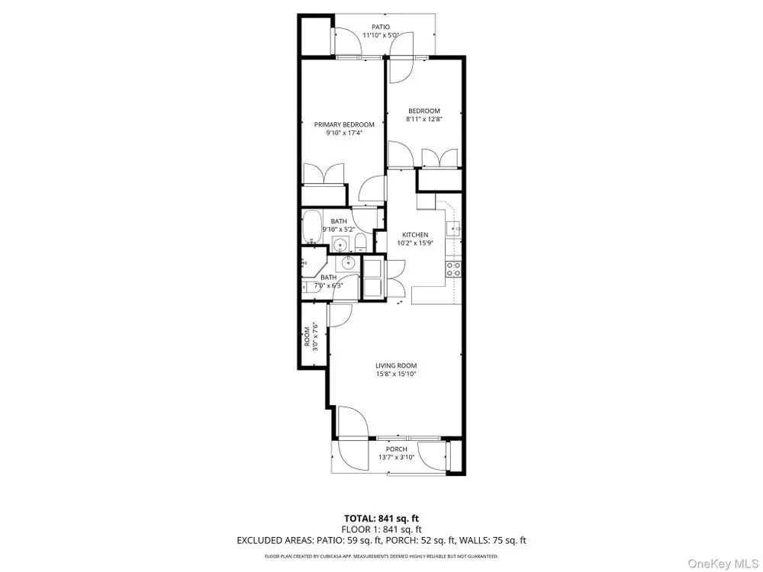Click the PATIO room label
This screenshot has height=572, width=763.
pyautogui.click(x=381, y=27)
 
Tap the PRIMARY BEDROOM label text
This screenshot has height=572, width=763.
pyautogui.click(x=344, y=124)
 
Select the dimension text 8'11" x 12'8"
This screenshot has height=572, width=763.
pyautogui.click(x=423, y=119)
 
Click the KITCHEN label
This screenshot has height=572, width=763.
pyautogui.click(x=415, y=235)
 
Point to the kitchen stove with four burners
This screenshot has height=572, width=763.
pyautogui.click(x=453, y=269)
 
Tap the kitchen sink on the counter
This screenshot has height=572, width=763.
pyautogui.click(x=453, y=227)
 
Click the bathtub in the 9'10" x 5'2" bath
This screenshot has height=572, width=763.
pyautogui.click(x=310, y=227)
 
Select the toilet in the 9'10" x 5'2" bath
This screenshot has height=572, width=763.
pyautogui.click(x=360, y=242)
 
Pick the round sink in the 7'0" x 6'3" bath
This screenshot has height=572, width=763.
pyautogui.click(x=349, y=263)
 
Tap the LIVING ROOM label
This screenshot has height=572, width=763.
pyautogui.click(x=396, y=366)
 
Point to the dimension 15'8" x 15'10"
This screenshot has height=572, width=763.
pyautogui.click(x=396, y=374)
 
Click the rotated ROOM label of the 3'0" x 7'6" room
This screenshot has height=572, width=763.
pyautogui.click(x=307, y=336)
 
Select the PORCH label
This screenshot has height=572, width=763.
pyautogui.click(x=396, y=449)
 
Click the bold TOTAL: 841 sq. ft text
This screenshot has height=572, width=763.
pyautogui.click(x=381, y=519)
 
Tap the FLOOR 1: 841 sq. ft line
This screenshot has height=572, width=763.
pyautogui.click(x=381, y=529)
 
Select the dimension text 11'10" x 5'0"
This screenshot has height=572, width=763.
pyautogui.click(x=381, y=35)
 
